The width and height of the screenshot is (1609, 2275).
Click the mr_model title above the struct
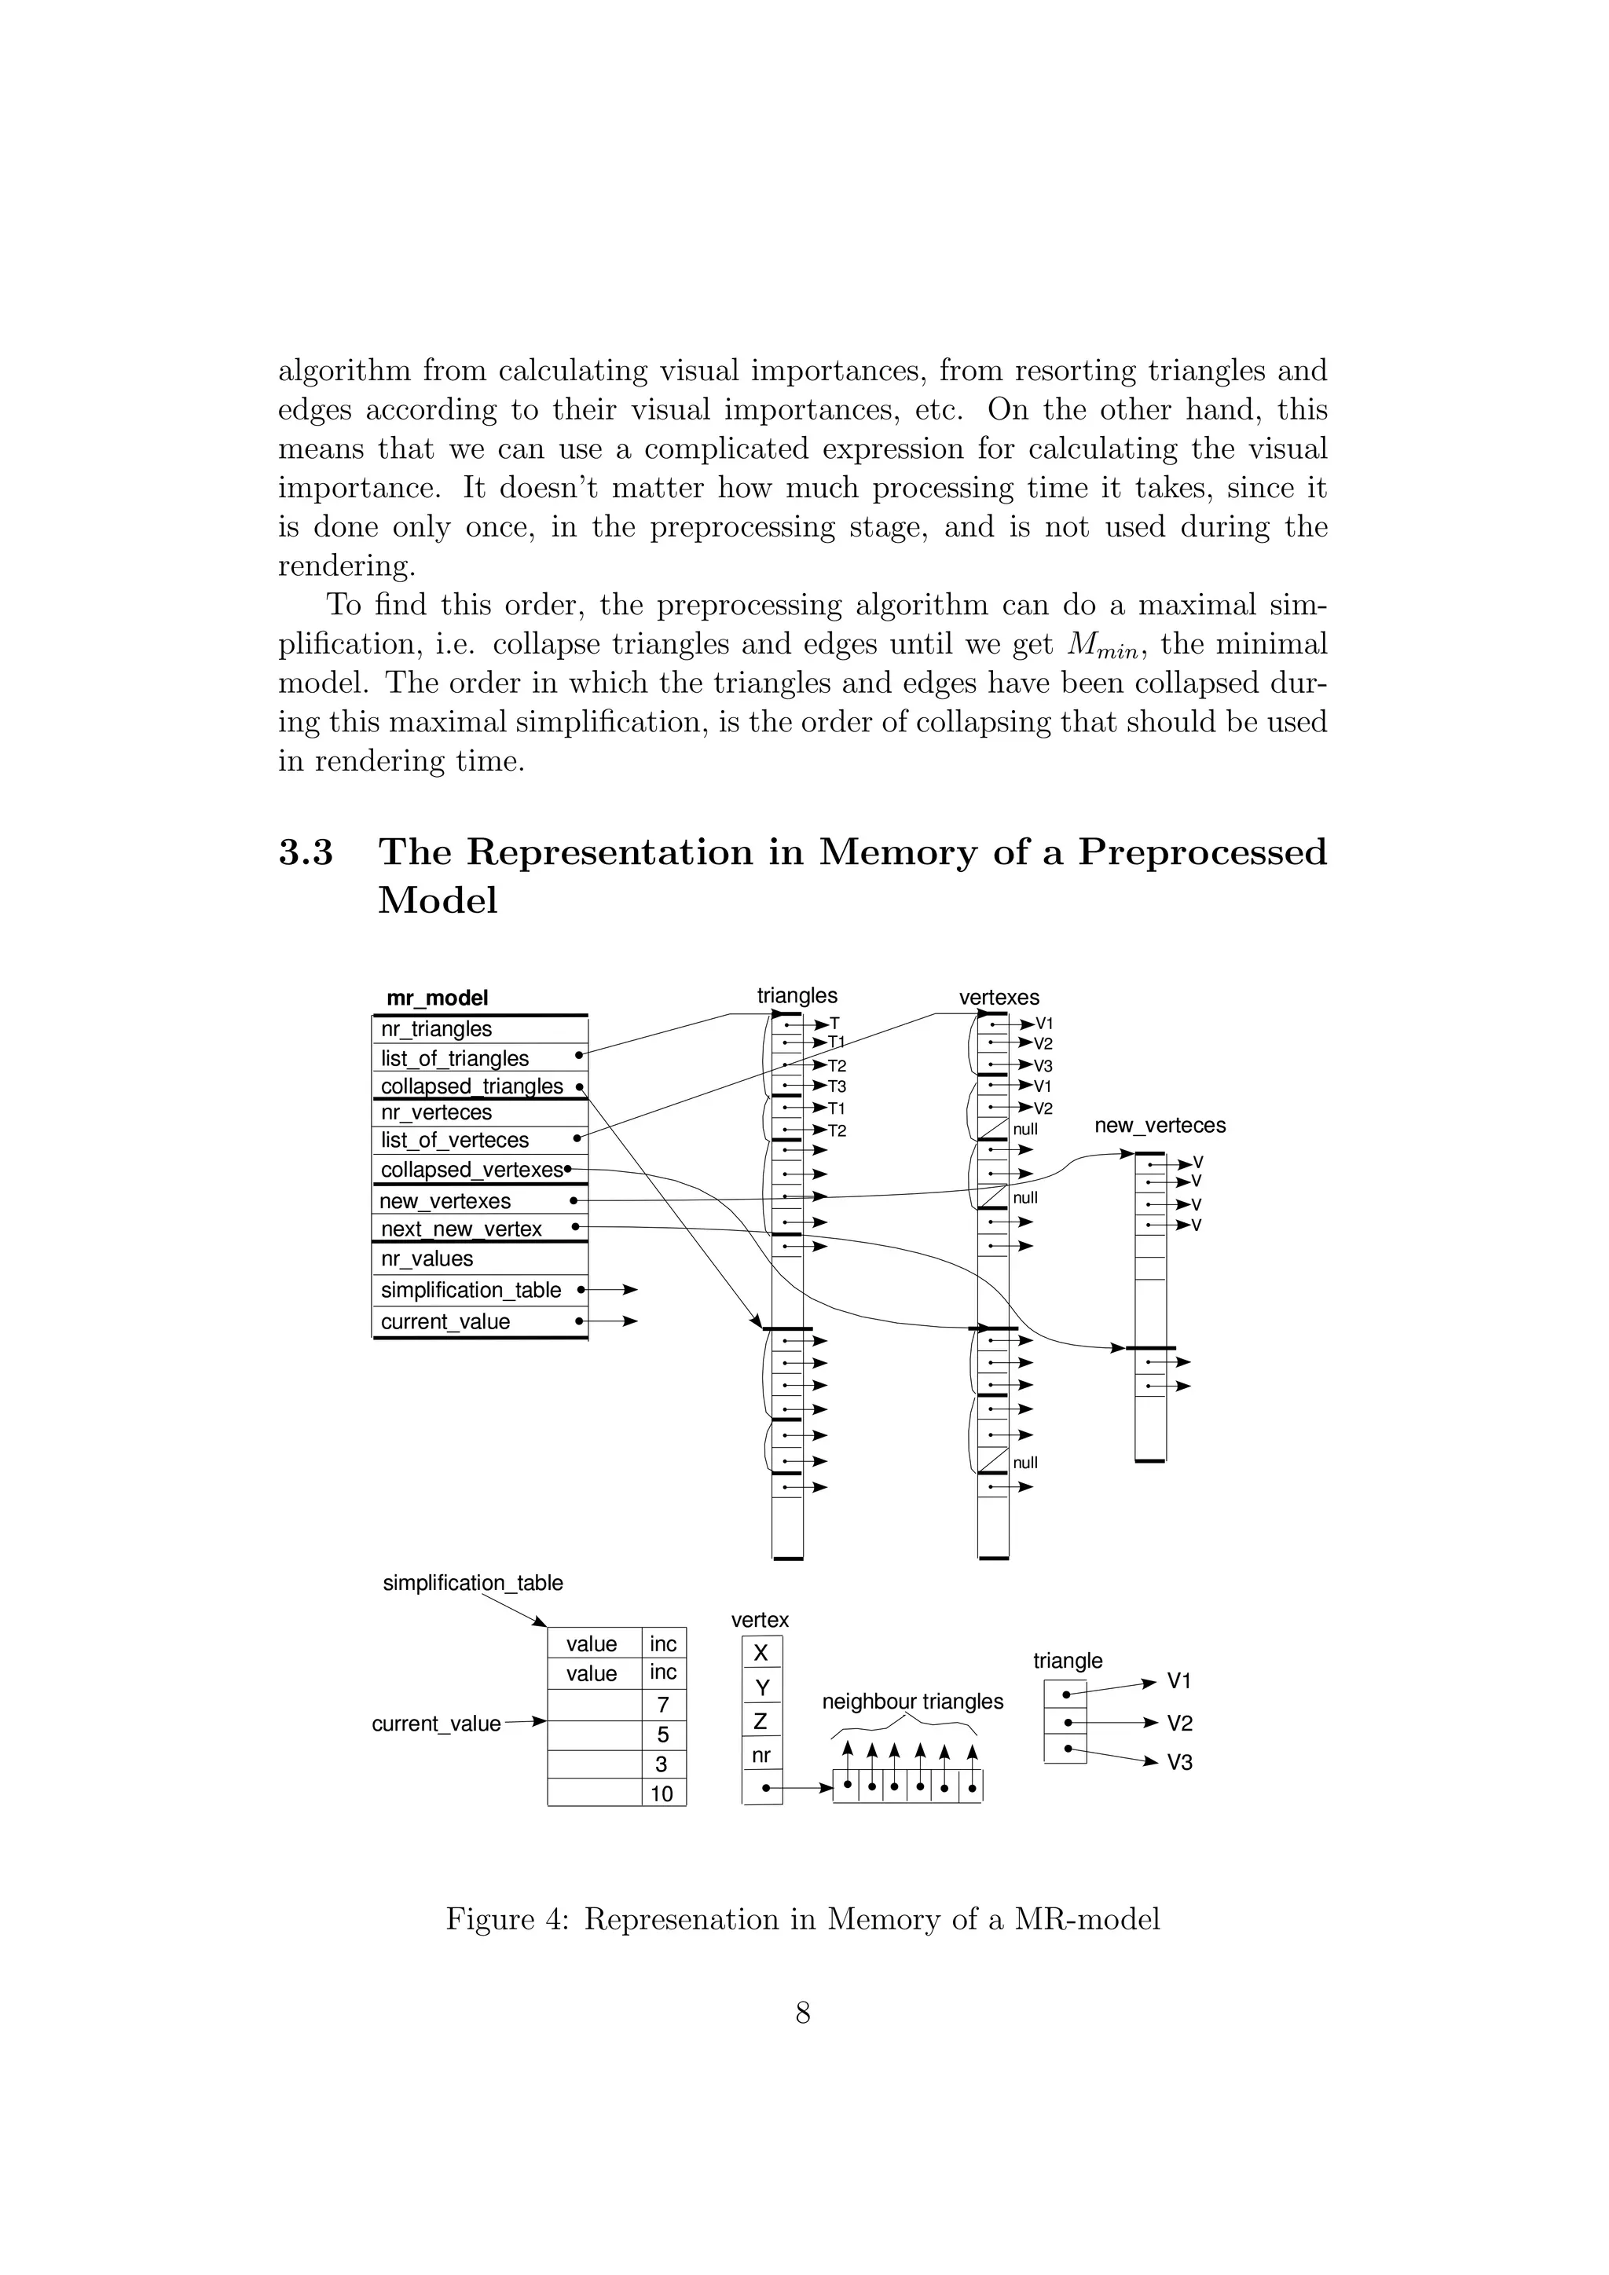click(x=437, y=998)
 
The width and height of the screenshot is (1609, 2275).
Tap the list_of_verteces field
click(x=454, y=1141)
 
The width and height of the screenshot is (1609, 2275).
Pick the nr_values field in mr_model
click(x=427, y=1259)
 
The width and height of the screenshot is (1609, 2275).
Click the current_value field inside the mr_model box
click(x=445, y=1322)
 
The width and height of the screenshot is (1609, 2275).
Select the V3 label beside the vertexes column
click(x=1043, y=1066)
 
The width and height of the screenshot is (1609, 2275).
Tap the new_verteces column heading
click(x=1159, y=1126)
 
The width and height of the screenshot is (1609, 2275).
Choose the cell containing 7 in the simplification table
click(x=663, y=1705)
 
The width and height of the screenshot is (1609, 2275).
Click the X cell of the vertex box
click(x=761, y=1654)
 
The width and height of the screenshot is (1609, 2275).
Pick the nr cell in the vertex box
click(x=761, y=1756)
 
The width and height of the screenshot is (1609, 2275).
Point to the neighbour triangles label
click(x=912, y=1702)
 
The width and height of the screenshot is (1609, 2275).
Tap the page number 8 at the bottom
click(x=804, y=2013)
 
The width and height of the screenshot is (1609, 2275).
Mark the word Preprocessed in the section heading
click(x=1202, y=853)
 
